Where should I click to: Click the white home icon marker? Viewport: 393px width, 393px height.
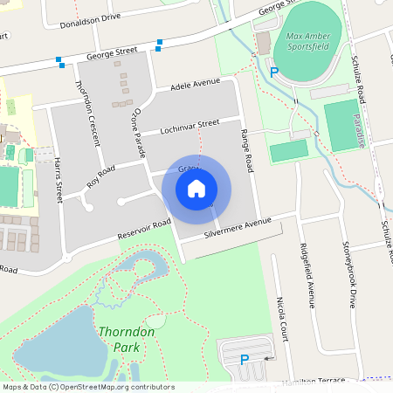point(196,188)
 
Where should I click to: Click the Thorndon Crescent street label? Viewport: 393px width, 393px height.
point(90,111)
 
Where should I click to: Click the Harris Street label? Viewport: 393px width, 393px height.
point(59,179)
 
